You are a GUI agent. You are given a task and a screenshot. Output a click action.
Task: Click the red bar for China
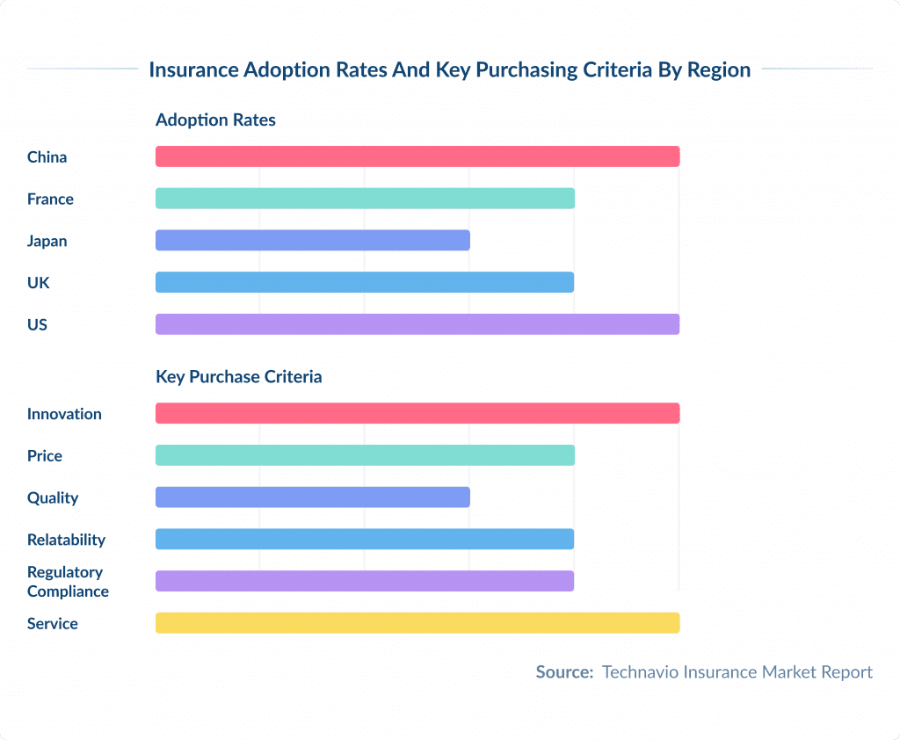pos(417,156)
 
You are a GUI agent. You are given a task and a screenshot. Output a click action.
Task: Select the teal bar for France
pos(365,199)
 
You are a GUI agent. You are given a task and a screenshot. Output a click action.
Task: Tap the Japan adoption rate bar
pos(313,240)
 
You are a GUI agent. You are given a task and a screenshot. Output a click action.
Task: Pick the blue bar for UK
pos(365,282)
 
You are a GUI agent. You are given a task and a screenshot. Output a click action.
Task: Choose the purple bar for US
pos(417,324)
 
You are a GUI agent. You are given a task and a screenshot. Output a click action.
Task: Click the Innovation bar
pos(417,413)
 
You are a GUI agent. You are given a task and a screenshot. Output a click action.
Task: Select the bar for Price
pos(365,455)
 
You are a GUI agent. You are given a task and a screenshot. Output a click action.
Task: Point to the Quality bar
pos(313,497)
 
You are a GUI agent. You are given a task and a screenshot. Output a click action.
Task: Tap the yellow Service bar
pos(417,623)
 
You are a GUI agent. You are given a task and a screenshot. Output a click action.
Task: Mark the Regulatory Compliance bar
pos(365,581)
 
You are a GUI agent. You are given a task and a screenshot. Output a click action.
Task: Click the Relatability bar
pos(365,539)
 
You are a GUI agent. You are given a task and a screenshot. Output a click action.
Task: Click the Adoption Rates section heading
pos(215,120)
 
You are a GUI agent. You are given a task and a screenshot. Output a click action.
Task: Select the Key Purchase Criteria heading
pos(238,377)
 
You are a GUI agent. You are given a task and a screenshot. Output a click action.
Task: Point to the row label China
pos(47,157)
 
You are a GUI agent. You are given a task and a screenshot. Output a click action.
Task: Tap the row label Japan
pos(47,241)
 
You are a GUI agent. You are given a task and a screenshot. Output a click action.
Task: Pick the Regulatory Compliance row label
pos(68,582)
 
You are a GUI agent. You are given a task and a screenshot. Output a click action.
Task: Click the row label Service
pos(52,624)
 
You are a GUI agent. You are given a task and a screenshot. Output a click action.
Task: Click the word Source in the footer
pos(564,672)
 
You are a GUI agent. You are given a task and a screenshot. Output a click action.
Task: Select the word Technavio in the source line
pos(639,672)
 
